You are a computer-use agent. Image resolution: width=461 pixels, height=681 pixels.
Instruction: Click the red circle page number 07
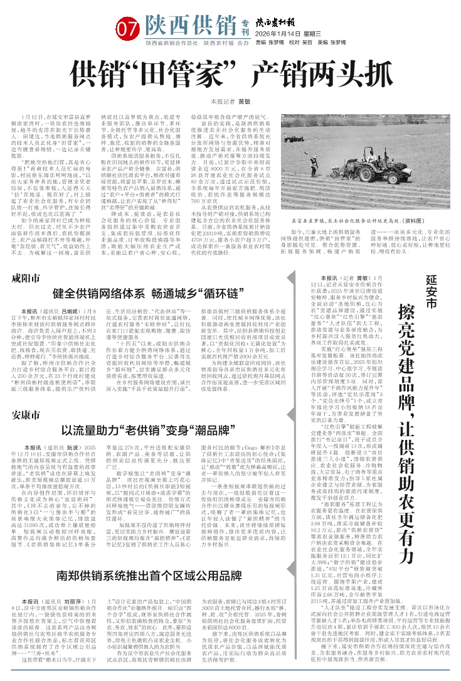coord(127,28)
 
